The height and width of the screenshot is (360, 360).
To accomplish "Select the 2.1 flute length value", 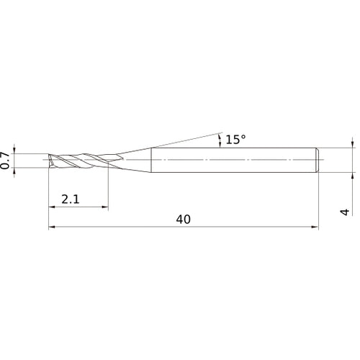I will coord(71,199).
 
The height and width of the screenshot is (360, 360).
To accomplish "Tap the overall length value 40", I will coord(182,220).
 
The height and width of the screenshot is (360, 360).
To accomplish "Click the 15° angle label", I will coord(235,140).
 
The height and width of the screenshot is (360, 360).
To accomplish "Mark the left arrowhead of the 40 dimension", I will coord(52,228).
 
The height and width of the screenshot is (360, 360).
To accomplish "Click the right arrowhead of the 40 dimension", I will coord(314,228).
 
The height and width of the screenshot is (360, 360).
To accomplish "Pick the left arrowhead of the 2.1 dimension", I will coord(52,207).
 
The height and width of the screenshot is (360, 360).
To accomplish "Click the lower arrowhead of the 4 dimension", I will coord(352,173).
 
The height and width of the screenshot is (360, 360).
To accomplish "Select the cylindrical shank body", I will coord(230,160).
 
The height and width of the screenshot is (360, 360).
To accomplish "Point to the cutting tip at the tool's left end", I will coord(50,160).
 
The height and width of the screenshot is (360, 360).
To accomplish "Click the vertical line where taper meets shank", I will coord(150,160).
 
